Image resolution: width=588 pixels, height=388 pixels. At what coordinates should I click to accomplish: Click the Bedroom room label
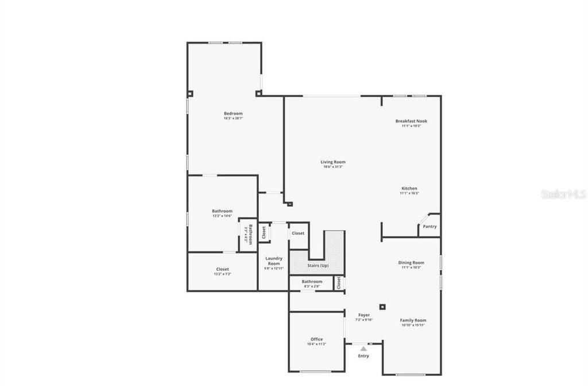coord(233,114)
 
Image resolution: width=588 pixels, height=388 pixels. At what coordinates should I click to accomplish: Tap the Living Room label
coord(333,162)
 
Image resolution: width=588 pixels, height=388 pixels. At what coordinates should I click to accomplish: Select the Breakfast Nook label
coord(411,121)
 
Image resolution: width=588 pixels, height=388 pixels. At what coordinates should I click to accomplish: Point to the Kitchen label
coord(409,188)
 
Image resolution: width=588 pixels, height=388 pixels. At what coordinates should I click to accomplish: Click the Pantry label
coord(430,226)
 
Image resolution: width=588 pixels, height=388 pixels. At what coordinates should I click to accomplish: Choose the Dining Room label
coord(411,263)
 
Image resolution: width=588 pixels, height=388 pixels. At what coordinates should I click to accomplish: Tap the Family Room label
coord(413,320)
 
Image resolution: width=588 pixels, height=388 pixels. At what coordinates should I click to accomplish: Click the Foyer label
coord(364,315)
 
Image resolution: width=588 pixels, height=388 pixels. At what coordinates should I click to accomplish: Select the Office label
coord(316,339)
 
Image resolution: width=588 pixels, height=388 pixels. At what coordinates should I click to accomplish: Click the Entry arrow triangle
coord(363,348)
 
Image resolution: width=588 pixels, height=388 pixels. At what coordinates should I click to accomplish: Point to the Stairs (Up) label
coord(317,265)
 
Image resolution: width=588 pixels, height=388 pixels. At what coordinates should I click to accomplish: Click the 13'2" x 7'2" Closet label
coord(222,269)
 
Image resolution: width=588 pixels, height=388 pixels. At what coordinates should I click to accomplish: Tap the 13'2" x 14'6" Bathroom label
coord(222,211)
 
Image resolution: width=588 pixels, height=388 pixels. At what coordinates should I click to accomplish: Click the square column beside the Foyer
coord(382,306)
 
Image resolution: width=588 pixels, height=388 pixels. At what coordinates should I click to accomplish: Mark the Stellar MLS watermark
coord(564,194)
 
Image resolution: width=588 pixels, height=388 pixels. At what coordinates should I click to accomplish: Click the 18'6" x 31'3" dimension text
coord(333,167)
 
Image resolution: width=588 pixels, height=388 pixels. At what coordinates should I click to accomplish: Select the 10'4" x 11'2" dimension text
coord(316,344)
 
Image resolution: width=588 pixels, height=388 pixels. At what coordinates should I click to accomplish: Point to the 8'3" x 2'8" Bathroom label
coord(312,281)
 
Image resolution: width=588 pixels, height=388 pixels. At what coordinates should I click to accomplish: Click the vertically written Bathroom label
coord(250,234)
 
